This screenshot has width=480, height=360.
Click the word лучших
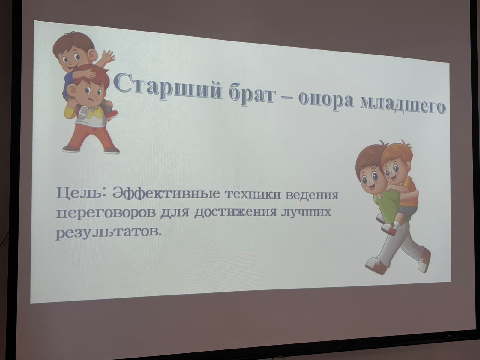click(x=306, y=213)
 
